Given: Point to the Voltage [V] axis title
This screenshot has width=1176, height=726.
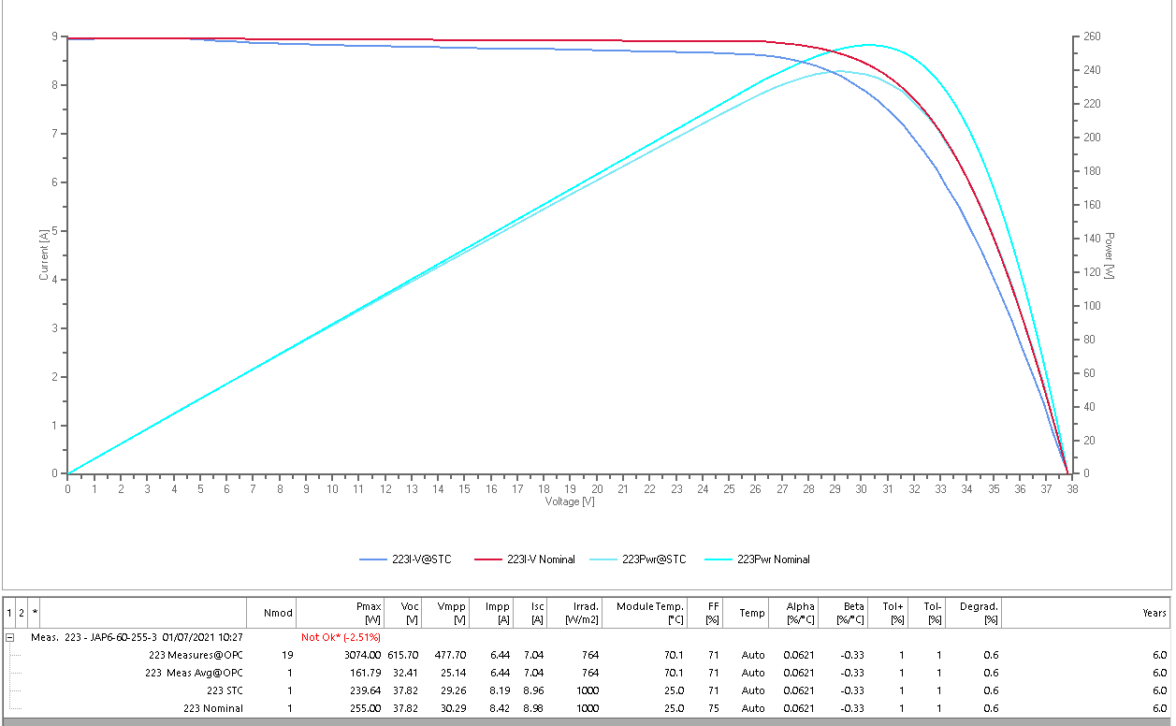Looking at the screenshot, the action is click(x=570, y=501).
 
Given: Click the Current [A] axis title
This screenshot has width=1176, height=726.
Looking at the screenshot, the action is click(x=44, y=254).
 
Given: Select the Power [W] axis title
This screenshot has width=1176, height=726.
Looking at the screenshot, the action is click(x=1109, y=255).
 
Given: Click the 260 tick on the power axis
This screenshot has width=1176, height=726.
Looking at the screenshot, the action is click(x=1092, y=36).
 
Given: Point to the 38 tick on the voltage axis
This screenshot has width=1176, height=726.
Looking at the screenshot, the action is click(x=1072, y=489).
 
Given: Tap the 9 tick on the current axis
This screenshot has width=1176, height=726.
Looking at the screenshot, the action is click(x=54, y=36).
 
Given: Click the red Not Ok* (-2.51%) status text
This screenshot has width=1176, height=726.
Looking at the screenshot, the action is click(x=341, y=637).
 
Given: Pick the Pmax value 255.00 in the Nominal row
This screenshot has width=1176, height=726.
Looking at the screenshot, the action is click(x=366, y=708).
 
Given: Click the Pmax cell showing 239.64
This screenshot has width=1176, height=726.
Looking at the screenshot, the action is click(x=366, y=690).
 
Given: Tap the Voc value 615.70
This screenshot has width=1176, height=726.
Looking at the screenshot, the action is click(x=403, y=655).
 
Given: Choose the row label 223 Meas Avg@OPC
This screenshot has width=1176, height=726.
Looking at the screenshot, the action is click(x=194, y=673).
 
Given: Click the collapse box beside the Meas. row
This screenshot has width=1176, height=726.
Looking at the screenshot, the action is click(x=9, y=637).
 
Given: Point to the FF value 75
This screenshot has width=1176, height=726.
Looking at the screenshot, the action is click(x=714, y=708).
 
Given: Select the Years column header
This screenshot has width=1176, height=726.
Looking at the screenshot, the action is click(x=1154, y=613).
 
